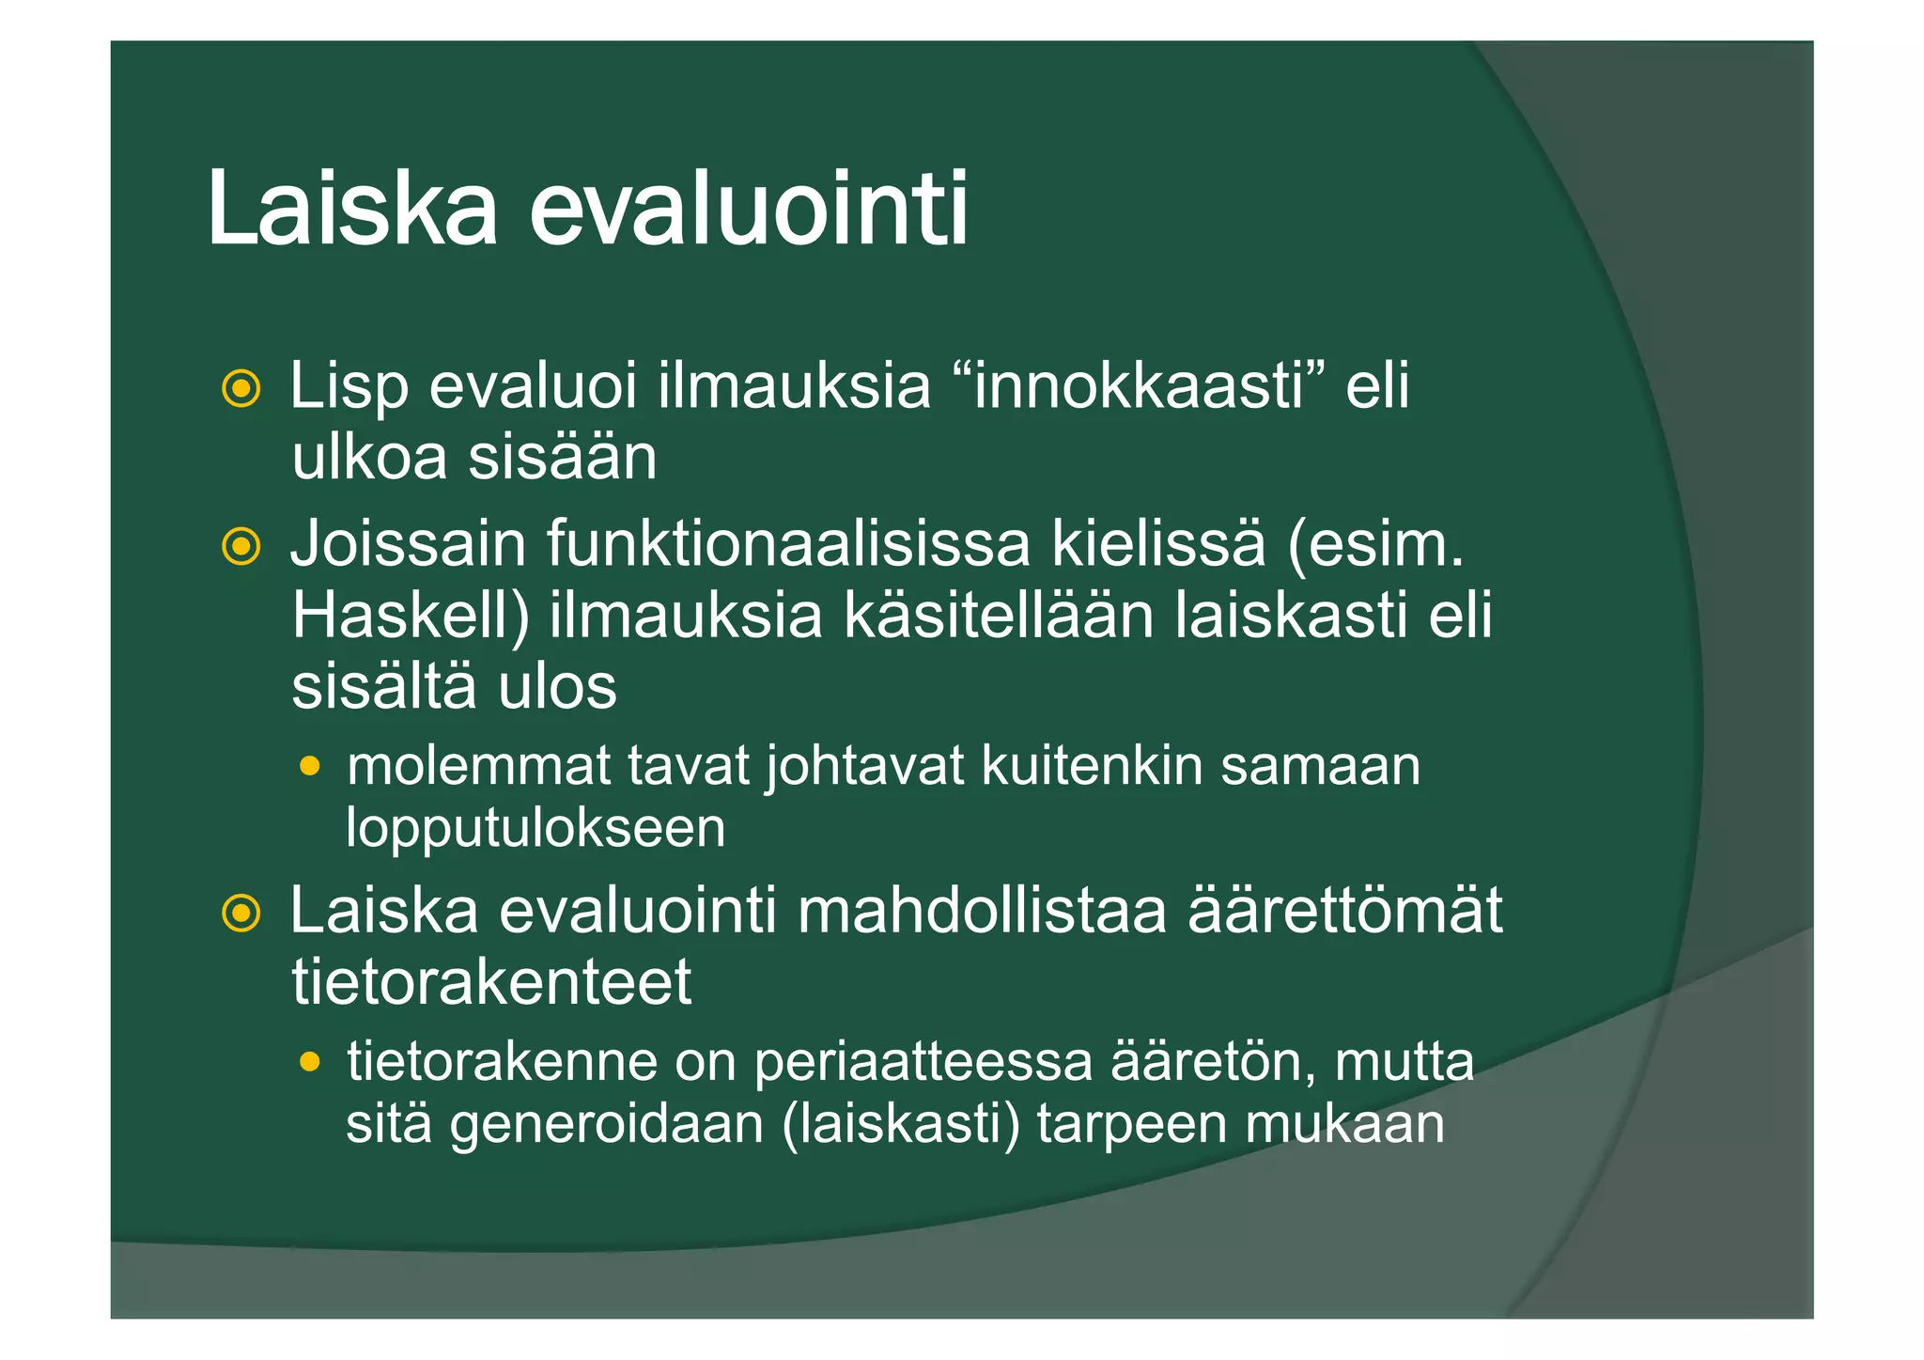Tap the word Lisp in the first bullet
click(349, 387)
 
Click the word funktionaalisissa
click(788, 544)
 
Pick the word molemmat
click(478, 766)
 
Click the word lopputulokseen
click(535, 829)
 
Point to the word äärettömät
click(1345, 911)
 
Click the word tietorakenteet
click(491, 982)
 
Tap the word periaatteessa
click(923, 1062)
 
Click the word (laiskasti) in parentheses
click(900, 1124)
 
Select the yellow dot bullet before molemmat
click(309, 767)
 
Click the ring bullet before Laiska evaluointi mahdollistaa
click(240, 913)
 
